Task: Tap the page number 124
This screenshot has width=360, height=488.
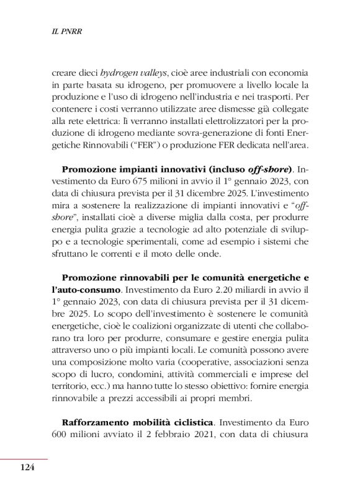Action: click(x=25, y=466)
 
